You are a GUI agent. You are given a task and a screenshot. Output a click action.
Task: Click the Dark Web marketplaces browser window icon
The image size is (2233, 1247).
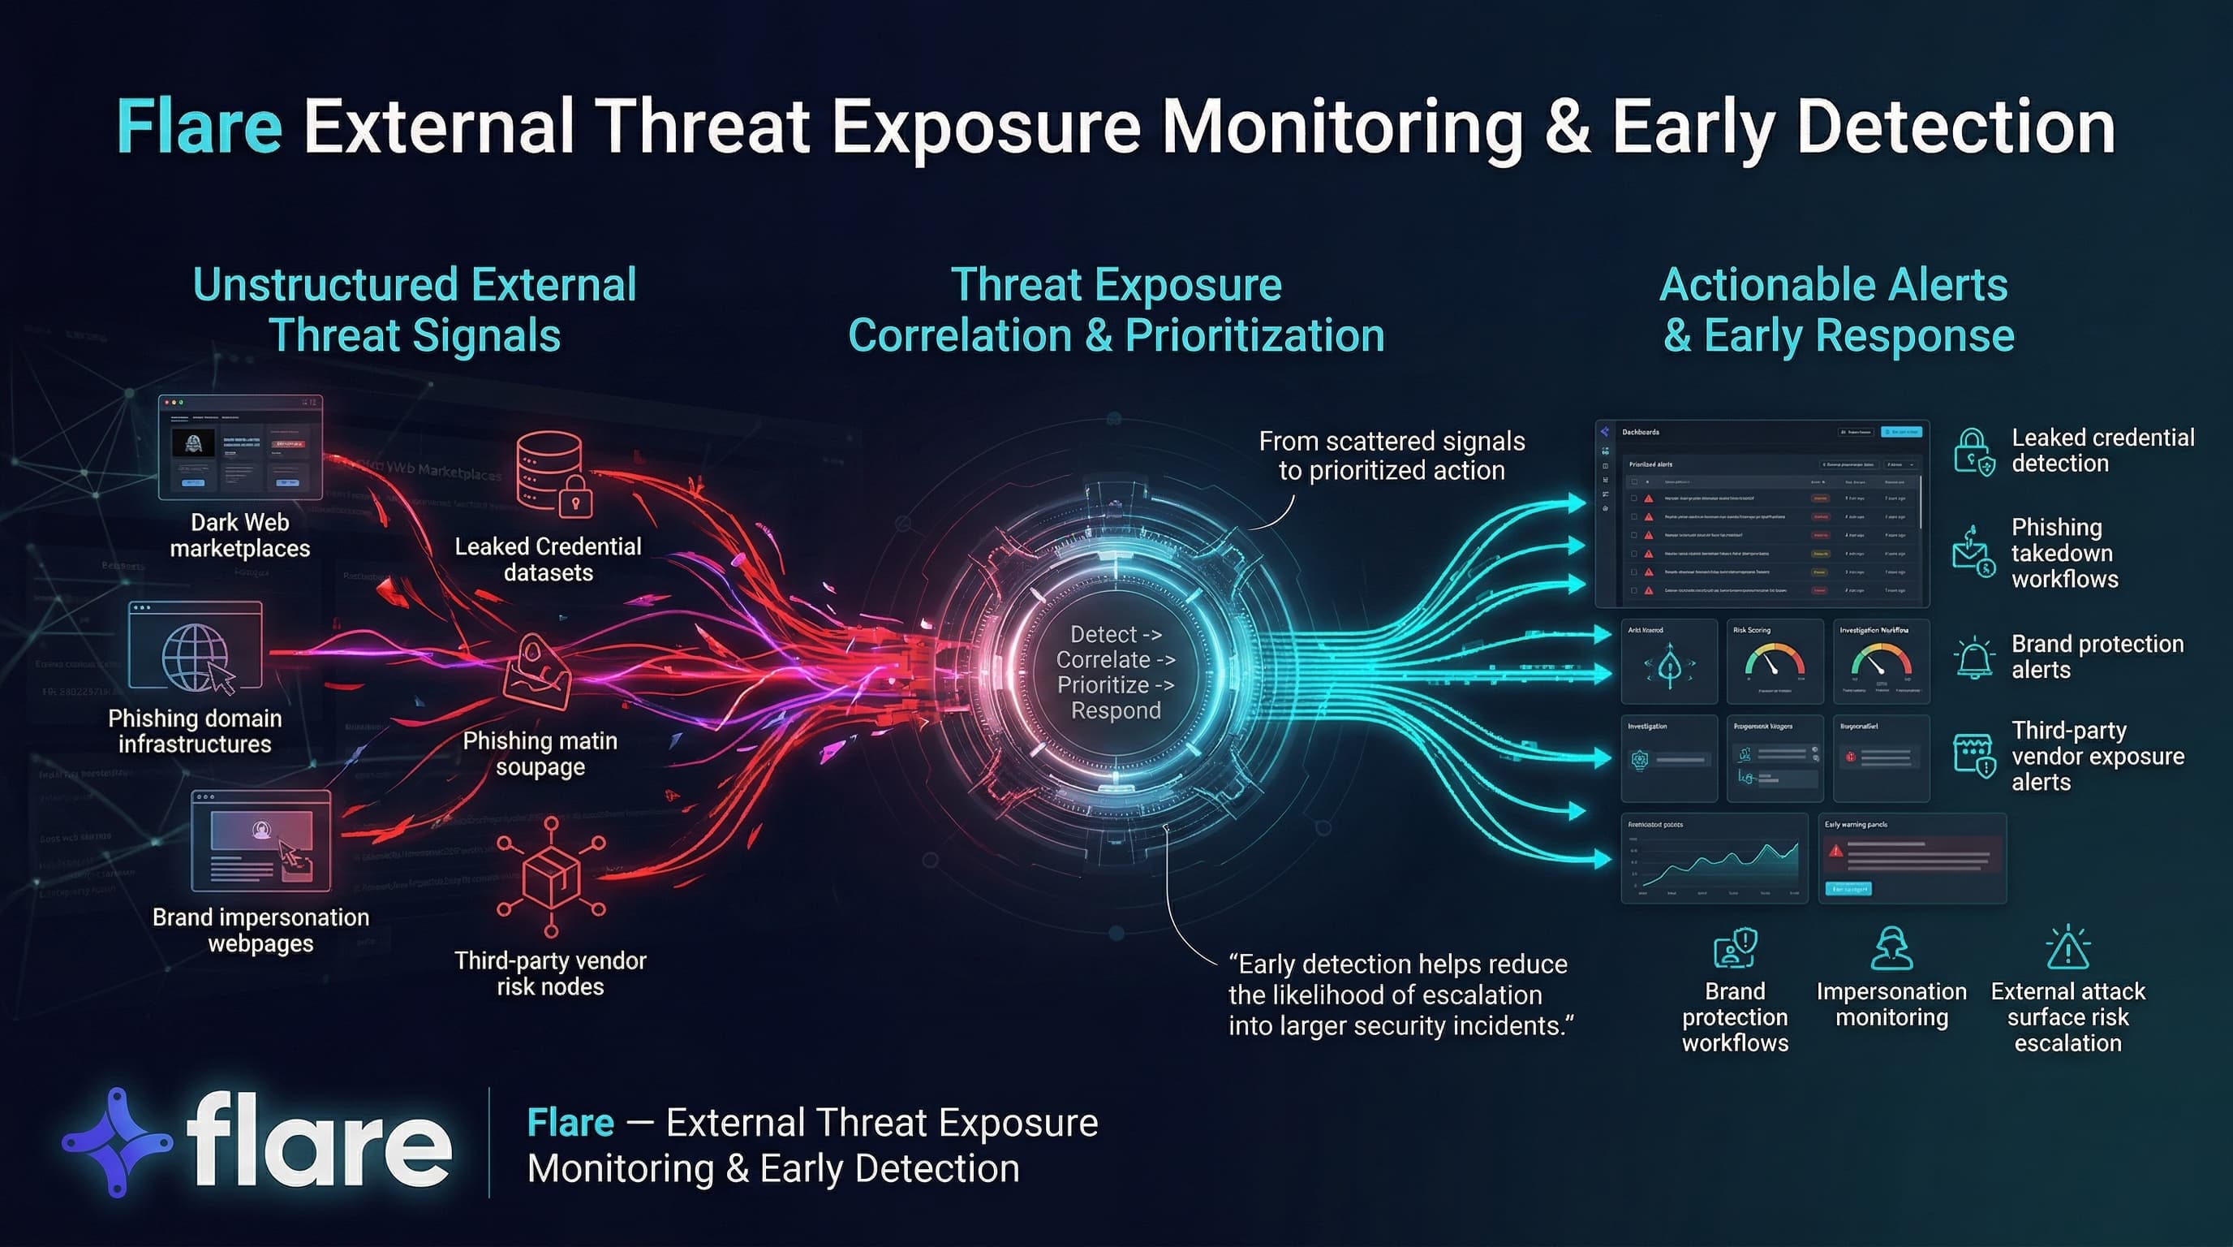[240, 447]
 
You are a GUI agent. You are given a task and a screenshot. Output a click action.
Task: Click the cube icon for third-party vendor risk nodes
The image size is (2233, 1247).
[551, 875]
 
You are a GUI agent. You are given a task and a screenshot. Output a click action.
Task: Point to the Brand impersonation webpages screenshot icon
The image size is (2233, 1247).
[261, 840]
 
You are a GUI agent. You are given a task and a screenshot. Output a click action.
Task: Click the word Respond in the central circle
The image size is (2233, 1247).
[1116, 711]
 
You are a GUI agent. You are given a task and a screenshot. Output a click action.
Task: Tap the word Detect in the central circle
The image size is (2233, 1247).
[1104, 634]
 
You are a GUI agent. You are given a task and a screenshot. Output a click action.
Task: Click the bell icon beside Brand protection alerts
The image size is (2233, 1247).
[1975, 658]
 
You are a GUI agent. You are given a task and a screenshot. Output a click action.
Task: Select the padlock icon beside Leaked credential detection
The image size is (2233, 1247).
[1974, 451]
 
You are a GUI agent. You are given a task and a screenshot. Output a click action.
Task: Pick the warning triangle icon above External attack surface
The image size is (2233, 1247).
[2067, 947]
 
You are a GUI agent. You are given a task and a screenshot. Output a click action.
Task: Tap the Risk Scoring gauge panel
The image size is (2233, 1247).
[1775, 661]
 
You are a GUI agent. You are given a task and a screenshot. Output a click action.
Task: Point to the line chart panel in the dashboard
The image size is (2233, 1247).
[1714, 858]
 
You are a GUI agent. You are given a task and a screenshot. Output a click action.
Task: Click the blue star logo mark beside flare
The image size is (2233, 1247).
[118, 1142]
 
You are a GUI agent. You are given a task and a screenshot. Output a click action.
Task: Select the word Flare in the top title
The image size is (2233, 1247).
[200, 127]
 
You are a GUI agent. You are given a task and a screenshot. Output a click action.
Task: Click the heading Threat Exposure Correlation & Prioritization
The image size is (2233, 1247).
[1116, 310]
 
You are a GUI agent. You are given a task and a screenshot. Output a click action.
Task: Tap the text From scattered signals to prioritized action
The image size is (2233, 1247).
[1392, 455]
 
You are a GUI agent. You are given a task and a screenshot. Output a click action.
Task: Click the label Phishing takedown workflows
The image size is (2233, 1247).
[2065, 553]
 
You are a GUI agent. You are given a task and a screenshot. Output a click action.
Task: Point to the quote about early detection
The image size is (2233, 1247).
[1400, 995]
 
